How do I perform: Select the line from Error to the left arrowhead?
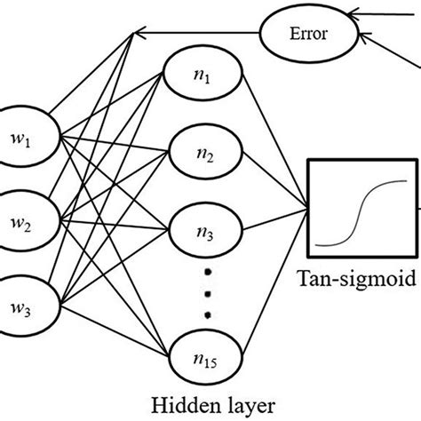(x=195, y=35)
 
